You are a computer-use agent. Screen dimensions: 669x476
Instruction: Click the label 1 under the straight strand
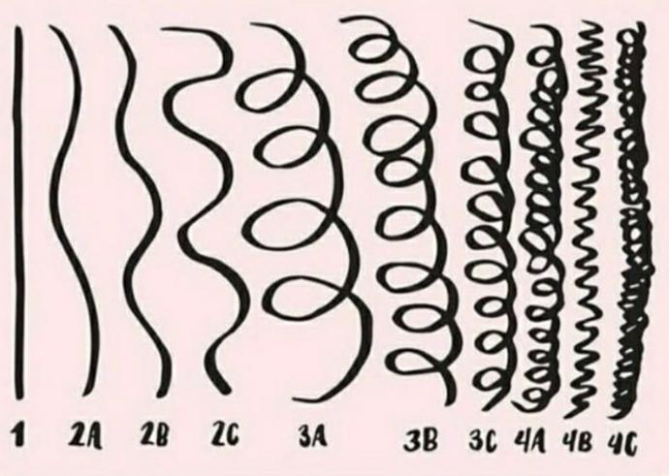17,434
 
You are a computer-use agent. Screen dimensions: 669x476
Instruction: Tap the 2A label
85,436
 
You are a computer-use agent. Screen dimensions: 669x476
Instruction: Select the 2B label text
154,434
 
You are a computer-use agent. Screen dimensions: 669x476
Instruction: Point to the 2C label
226,434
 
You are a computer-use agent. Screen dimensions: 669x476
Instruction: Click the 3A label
313,436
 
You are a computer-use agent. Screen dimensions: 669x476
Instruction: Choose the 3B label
421,440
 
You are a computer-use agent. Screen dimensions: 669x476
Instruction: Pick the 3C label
484,440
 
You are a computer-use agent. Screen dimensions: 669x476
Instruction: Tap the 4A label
529,441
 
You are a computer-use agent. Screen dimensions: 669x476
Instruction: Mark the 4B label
577,441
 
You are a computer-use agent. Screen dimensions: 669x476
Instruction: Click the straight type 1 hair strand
18,213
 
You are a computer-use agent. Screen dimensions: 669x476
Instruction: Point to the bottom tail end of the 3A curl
295,399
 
